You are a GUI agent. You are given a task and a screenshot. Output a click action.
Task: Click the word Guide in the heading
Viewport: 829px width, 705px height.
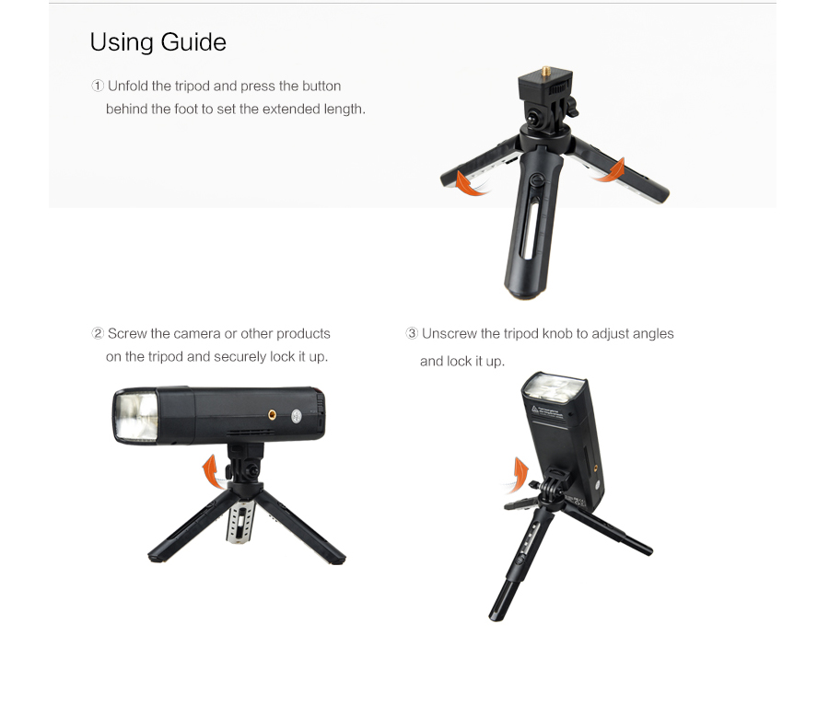tap(193, 42)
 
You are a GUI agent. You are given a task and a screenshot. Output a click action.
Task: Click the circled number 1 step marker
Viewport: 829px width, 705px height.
tap(98, 86)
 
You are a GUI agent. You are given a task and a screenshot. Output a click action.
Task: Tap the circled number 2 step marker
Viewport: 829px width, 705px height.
tap(98, 333)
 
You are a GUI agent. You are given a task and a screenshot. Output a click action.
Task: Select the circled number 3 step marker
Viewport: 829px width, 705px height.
tap(412, 333)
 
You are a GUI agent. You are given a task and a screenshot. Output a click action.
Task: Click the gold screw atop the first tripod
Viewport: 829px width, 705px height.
tap(545, 70)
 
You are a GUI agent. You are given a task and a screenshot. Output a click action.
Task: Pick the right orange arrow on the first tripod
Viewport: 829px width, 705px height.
tap(610, 170)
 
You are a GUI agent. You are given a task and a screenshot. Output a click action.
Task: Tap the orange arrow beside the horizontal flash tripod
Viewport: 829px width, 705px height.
tap(213, 471)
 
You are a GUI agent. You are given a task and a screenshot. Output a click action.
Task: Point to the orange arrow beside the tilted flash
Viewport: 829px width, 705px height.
tap(519, 475)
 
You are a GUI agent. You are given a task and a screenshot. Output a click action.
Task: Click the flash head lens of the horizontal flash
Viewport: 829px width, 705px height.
tap(136, 416)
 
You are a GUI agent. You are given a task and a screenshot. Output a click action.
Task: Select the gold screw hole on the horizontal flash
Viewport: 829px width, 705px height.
tap(273, 414)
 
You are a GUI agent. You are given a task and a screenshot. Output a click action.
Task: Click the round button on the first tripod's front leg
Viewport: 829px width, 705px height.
tap(537, 179)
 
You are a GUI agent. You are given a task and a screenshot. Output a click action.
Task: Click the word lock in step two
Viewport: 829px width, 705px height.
tap(283, 356)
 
